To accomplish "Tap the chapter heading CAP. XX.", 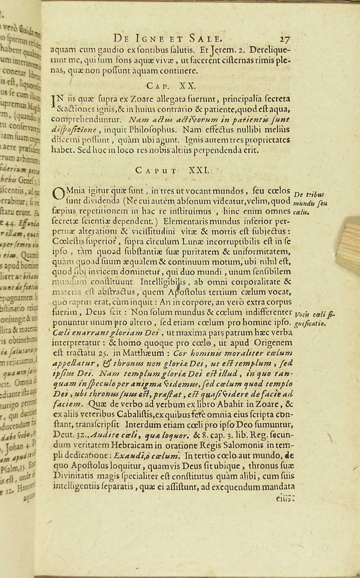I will coord(171,86).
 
